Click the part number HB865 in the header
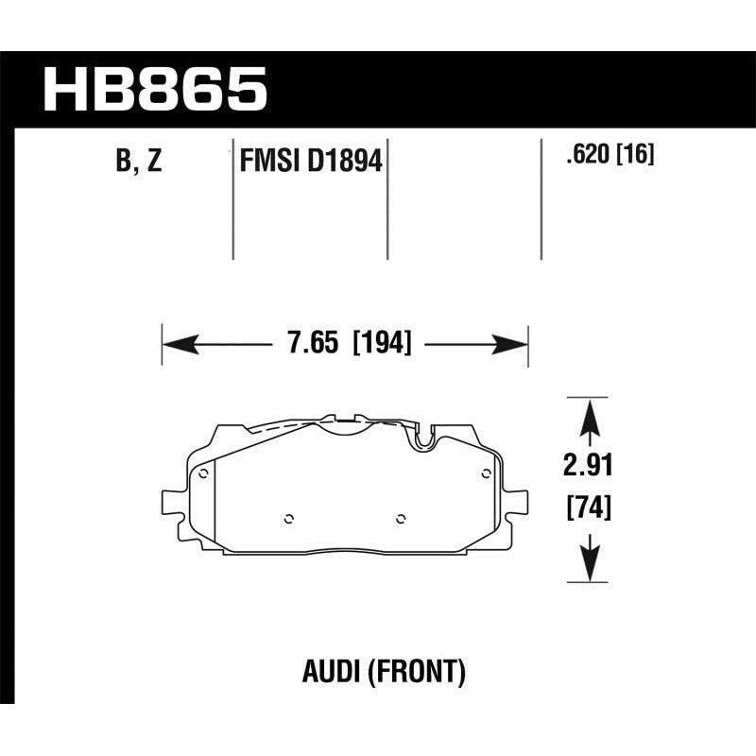pyautogui.click(x=157, y=89)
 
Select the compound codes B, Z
pyautogui.click(x=139, y=162)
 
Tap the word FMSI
pyautogui.click(x=266, y=163)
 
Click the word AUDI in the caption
pyautogui.click(x=325, y=673)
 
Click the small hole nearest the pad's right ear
pyautogui.click(x=486, y=473)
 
